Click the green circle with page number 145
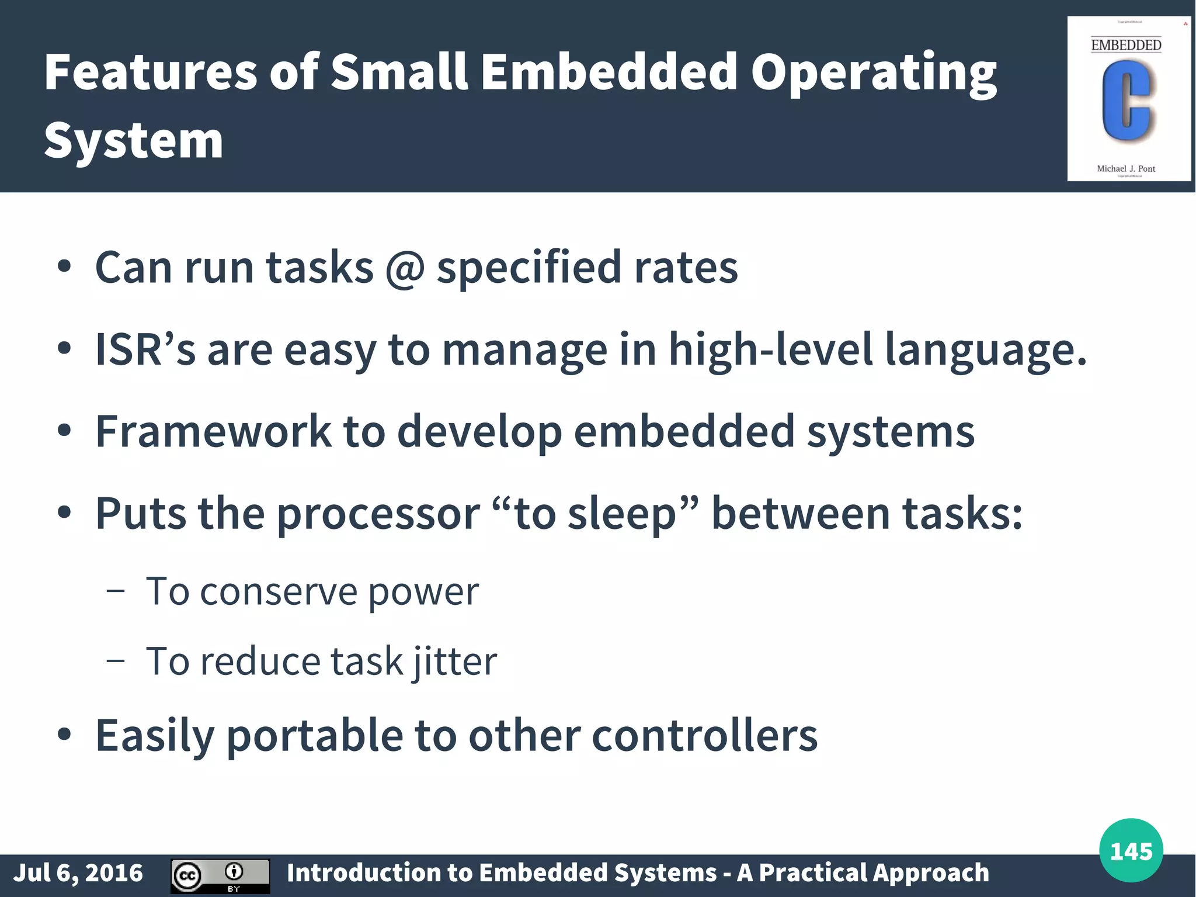pos(1131,850)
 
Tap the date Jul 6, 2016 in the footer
pos(78,872)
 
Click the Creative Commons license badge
pos(220,875)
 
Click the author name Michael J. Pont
pos(1125,168)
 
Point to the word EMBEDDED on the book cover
pos(1126,45)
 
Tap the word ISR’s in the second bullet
pos(145,349)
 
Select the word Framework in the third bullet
pos(213,431)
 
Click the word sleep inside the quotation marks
pos(621,514)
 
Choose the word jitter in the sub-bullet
pos(455,662)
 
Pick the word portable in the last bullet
pos(314,736)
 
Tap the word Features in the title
pos(151,72)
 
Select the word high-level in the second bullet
pos(770,349)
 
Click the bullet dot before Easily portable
pos(64,734)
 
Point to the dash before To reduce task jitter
pos(116,660)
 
